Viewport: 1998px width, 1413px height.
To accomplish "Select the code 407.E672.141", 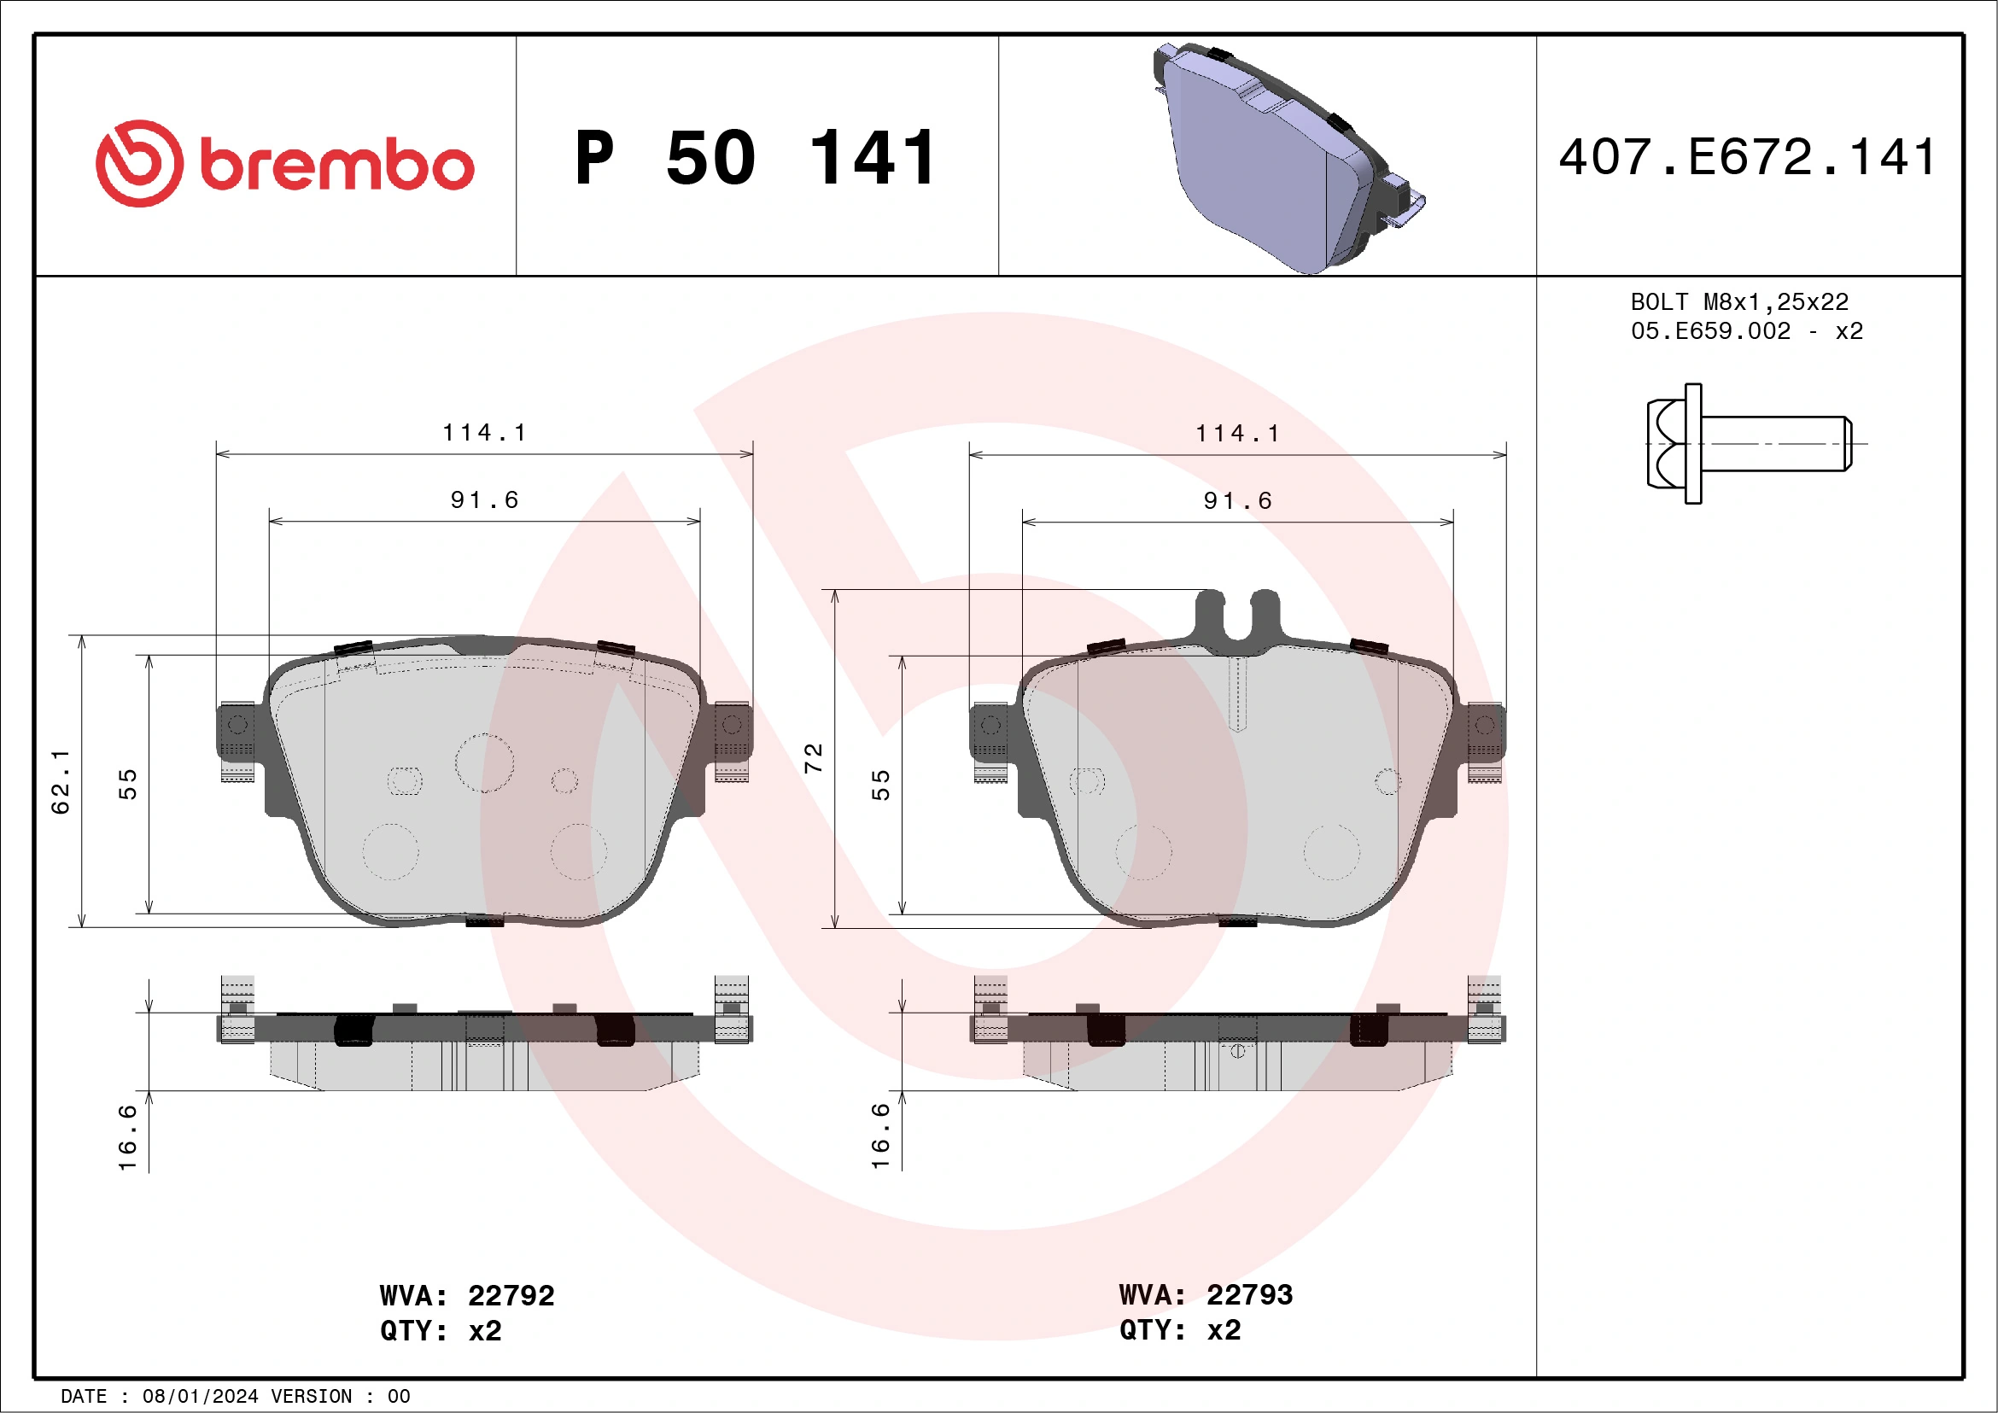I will pos(1747,158).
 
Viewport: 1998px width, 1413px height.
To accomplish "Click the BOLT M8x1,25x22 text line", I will pos(1738,302).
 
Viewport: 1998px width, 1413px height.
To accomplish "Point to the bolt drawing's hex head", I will pos(1666,444).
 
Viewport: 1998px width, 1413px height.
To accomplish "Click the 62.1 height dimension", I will pos(61,780).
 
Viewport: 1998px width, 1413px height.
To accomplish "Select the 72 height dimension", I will pos(814,758).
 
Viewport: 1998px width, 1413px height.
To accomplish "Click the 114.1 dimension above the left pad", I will pos(485,432).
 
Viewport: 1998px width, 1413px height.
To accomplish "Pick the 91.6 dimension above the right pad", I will pos(1237,500).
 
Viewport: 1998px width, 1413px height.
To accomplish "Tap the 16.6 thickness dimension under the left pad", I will pos(128,1137).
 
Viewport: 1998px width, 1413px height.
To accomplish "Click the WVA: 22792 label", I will pos(466,1295).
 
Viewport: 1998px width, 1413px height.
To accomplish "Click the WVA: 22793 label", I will pos(1206,1294).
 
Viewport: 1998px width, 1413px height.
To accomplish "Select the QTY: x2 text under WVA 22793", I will pos(1179,1330).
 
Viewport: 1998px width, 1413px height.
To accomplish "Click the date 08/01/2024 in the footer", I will pos(200,1397).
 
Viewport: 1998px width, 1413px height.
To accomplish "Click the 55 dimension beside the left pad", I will pos(128,784).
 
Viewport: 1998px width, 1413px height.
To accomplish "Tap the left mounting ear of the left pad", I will pos(236,731).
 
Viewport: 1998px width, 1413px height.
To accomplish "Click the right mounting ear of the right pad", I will pos(1486,731).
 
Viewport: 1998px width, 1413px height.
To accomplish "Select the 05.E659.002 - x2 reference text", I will pos(1746,331).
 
